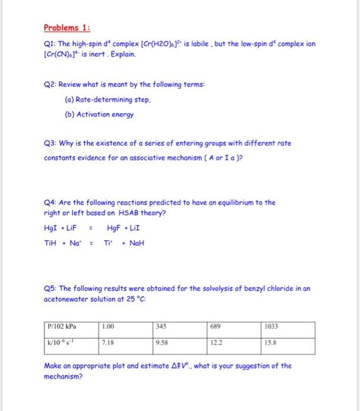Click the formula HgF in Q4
pos(115,228)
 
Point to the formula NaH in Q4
pos(136,242)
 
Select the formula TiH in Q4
pos(52,242)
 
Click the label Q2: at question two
pos(51,85)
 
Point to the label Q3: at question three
pos(51,143)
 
